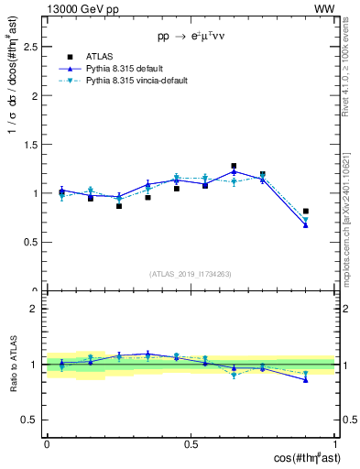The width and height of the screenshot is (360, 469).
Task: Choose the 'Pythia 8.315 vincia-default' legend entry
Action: [125, 81]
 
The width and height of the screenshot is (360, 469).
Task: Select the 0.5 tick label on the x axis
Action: [191, 443]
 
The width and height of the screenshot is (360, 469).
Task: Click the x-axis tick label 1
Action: [334, 443]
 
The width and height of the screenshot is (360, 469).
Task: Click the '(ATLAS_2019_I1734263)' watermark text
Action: [191, 274]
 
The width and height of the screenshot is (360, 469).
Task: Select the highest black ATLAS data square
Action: [234, 166]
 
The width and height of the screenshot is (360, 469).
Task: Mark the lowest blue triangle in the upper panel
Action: [306, 224]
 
